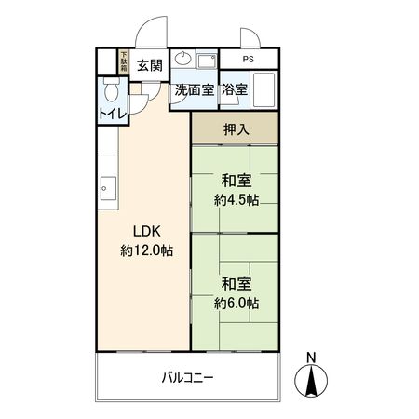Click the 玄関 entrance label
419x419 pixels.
(x=150, y=65)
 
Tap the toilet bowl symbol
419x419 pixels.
(x=112, y=89)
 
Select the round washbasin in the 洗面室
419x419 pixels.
(x=182, y=58)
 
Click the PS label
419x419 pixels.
(x=249, y=59)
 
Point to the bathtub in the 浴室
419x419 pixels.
(x=264, y=90)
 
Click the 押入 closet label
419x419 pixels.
(x=237, y=129)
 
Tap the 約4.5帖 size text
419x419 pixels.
(x=237, y=200)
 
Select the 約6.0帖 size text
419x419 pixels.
(x=237, y=304)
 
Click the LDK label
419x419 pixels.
(x=147, y=232)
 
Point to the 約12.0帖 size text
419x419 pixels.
(x=147, y=250)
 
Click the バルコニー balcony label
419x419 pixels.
(x=187, y=378)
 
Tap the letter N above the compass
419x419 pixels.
(x=311, y=358)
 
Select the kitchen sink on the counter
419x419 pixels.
(x=108, y=188)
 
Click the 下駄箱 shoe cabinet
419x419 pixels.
(x=124, y=61)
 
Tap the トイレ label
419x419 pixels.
(x=113, y=115)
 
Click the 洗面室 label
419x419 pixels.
(x=195, y=90)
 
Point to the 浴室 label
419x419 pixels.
(x=235, y=90)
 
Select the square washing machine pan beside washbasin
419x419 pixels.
(x=207, y=61)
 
